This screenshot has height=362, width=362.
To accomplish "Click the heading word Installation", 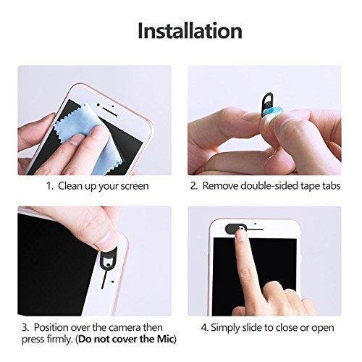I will pos(190,30).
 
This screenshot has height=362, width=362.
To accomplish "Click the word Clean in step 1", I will pos(72,186).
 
